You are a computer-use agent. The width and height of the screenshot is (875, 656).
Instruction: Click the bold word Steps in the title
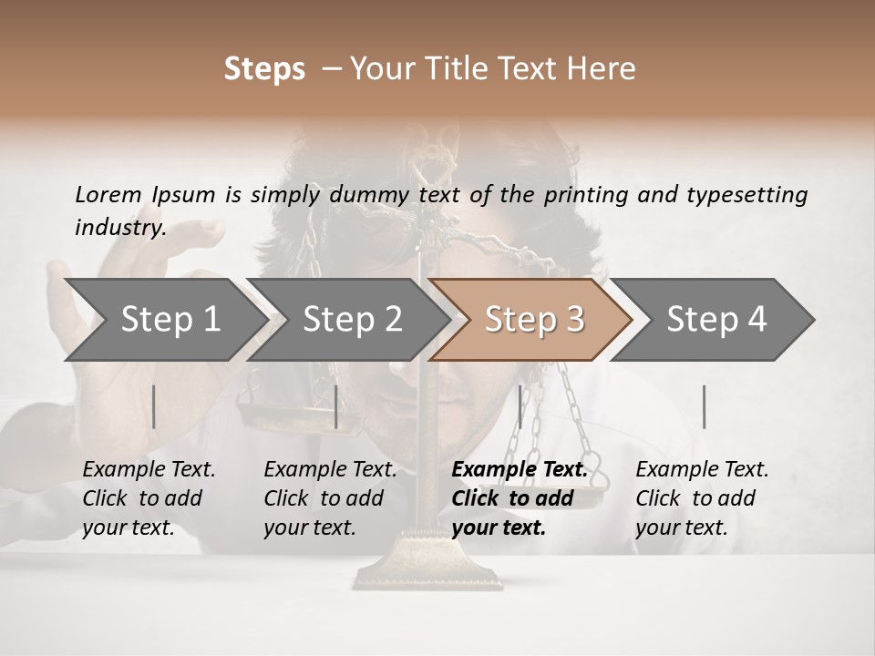click(x=264, y=69)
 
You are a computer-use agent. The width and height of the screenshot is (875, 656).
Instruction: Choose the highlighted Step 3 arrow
click(x=534, y=319)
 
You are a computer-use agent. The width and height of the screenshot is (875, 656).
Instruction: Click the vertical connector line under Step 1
click(x=154, y=406)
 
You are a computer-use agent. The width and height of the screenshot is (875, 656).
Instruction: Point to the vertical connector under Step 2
click(x=336, y=406)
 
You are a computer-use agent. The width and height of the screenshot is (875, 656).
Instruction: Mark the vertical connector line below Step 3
click(x=520, y=406)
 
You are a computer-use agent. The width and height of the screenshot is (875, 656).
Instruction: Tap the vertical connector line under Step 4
click(x=704, y=406)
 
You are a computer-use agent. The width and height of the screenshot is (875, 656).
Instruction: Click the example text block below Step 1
click(x=149, y=498)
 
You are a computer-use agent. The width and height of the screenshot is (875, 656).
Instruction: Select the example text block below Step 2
click(x=330, y=498)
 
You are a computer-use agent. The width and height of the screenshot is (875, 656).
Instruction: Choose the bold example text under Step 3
click(x=519, y=498)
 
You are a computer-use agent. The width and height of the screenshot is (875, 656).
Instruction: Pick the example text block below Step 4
click(x=702, y=498)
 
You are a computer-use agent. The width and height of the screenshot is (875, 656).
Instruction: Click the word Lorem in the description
click(x=108, y=194)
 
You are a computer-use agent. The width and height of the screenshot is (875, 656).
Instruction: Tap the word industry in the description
click(x=119, y=228)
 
